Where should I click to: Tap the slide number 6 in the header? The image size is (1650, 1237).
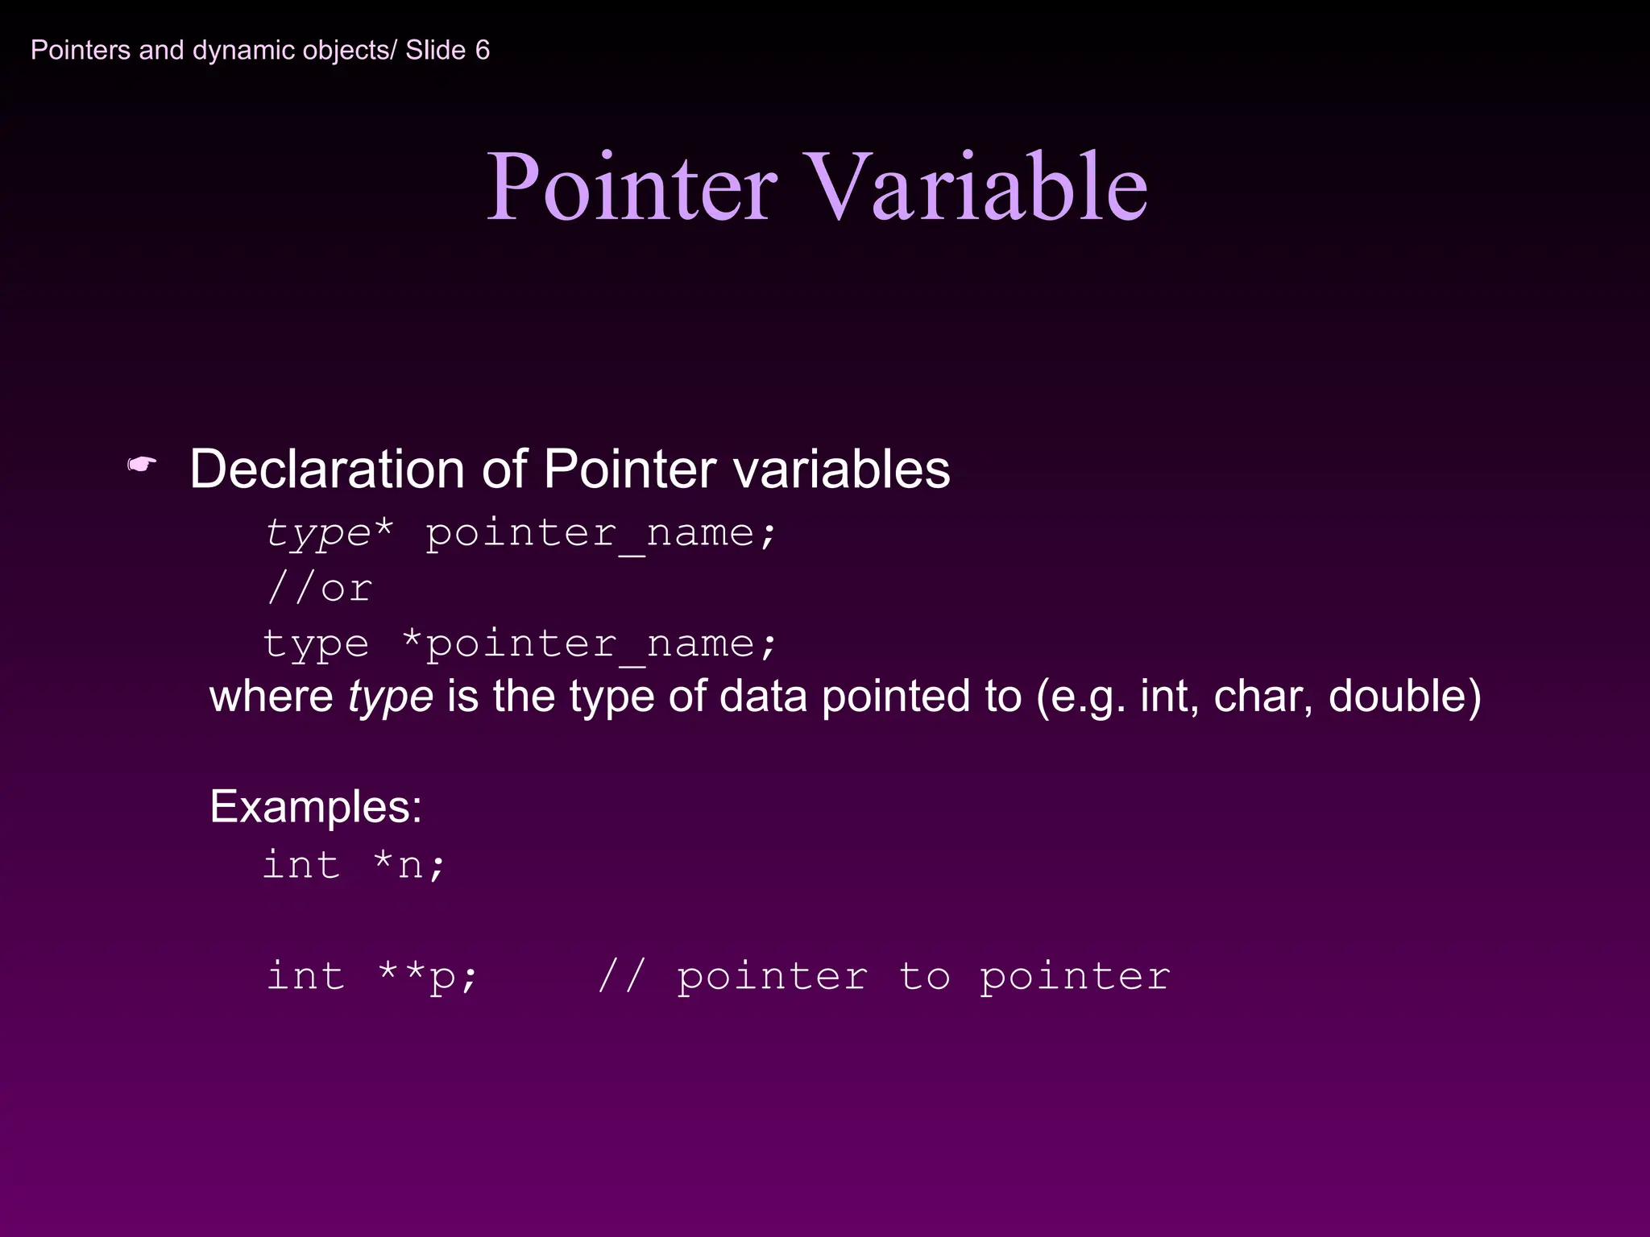[482, 50]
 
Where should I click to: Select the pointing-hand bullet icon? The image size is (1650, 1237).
[142, 465]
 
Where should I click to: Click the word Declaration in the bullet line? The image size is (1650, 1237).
[327, 469]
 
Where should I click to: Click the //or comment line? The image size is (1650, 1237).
[319, 589]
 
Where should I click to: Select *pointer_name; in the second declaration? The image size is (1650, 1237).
[589, 644]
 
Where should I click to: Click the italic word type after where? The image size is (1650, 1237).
[391, 696]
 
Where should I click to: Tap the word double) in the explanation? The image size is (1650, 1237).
[1404, 696]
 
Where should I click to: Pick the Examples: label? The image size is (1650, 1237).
[316, 806]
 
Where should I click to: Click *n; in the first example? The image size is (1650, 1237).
[409, 866]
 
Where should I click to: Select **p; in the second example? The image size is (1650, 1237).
[428, 977]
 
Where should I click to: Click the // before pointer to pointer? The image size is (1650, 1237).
[621, 976]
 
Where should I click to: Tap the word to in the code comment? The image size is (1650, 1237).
[924, 976]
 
